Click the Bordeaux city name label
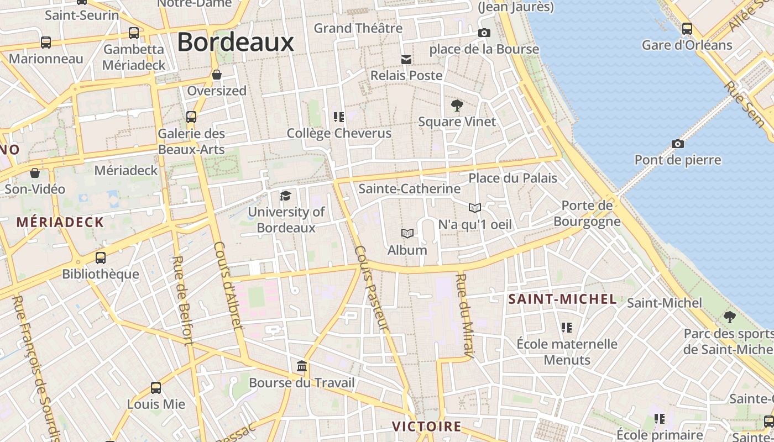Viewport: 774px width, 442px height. click(235, 42)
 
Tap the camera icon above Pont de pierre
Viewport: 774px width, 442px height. click(678, 144)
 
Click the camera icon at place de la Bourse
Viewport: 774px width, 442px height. click(484, 33)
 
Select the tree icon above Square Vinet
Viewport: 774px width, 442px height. click(457, 105)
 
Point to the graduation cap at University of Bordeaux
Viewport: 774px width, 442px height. click(285, 196)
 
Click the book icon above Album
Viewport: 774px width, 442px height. click(407, 233)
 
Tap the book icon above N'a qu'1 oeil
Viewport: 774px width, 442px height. click(474, 208)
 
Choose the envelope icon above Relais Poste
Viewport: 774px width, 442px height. click(406, 59)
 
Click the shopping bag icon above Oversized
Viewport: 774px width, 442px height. click(217, 74)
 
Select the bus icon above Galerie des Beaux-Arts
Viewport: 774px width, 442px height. click(191, 117)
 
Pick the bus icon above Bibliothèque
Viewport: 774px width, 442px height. click(101, 257)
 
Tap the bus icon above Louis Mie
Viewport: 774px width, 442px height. click(156, 388)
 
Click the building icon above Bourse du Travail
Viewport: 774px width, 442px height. click(302, 366)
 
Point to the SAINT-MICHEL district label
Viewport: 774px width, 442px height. click(562, 299)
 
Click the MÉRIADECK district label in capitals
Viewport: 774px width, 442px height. click(60, 223)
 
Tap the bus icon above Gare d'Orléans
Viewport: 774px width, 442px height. click(687, 28)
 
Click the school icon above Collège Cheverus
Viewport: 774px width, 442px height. click(339, 117)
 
